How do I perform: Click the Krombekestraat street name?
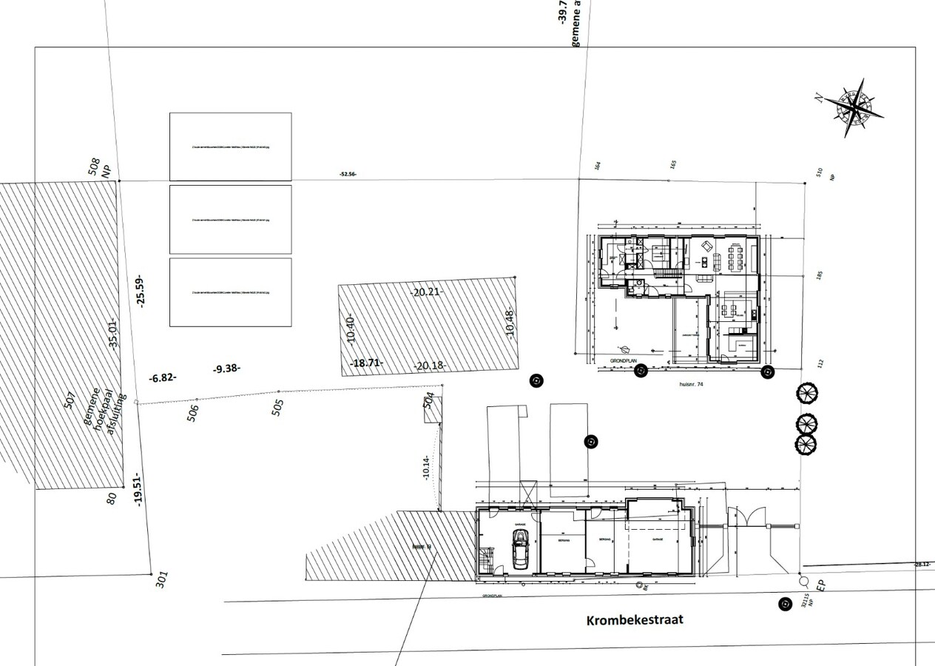tap(635, 620)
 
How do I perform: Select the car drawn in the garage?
tap(521, 548)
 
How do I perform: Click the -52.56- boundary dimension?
tap(347, 174)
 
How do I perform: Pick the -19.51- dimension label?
tap(138, 489)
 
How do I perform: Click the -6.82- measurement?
tap(163, 377)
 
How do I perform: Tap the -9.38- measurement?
tap(226, 368)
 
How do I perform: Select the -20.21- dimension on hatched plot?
tap(427, 292)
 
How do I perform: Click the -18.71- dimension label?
tap(365, 363)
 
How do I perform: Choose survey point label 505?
tap(277, 407)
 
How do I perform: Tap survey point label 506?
tap(194, 412)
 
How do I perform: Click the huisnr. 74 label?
tap(692, 385)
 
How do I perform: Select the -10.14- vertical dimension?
tap(426, 467)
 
